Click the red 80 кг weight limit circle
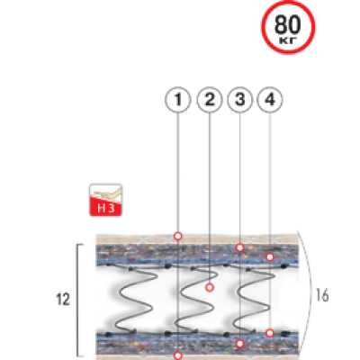point(288,27)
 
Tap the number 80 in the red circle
point(288,24)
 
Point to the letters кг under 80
point(288,40)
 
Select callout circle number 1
point(178,100)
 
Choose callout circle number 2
point(210,100)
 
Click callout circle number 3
point(240,100)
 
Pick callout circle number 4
point(270,100)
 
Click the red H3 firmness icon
point(106,200)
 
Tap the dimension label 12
point(63,300)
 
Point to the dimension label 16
point(322,296)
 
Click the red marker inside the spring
point(210,288)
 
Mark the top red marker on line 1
point(178,236)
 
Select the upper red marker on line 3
point(239,247)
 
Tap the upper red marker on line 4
point(270,256)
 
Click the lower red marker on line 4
point(270,333)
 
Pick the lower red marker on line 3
point(239,344)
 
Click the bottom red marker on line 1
point(178,355)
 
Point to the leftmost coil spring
point(132,300)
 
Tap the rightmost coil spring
point(254,300)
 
